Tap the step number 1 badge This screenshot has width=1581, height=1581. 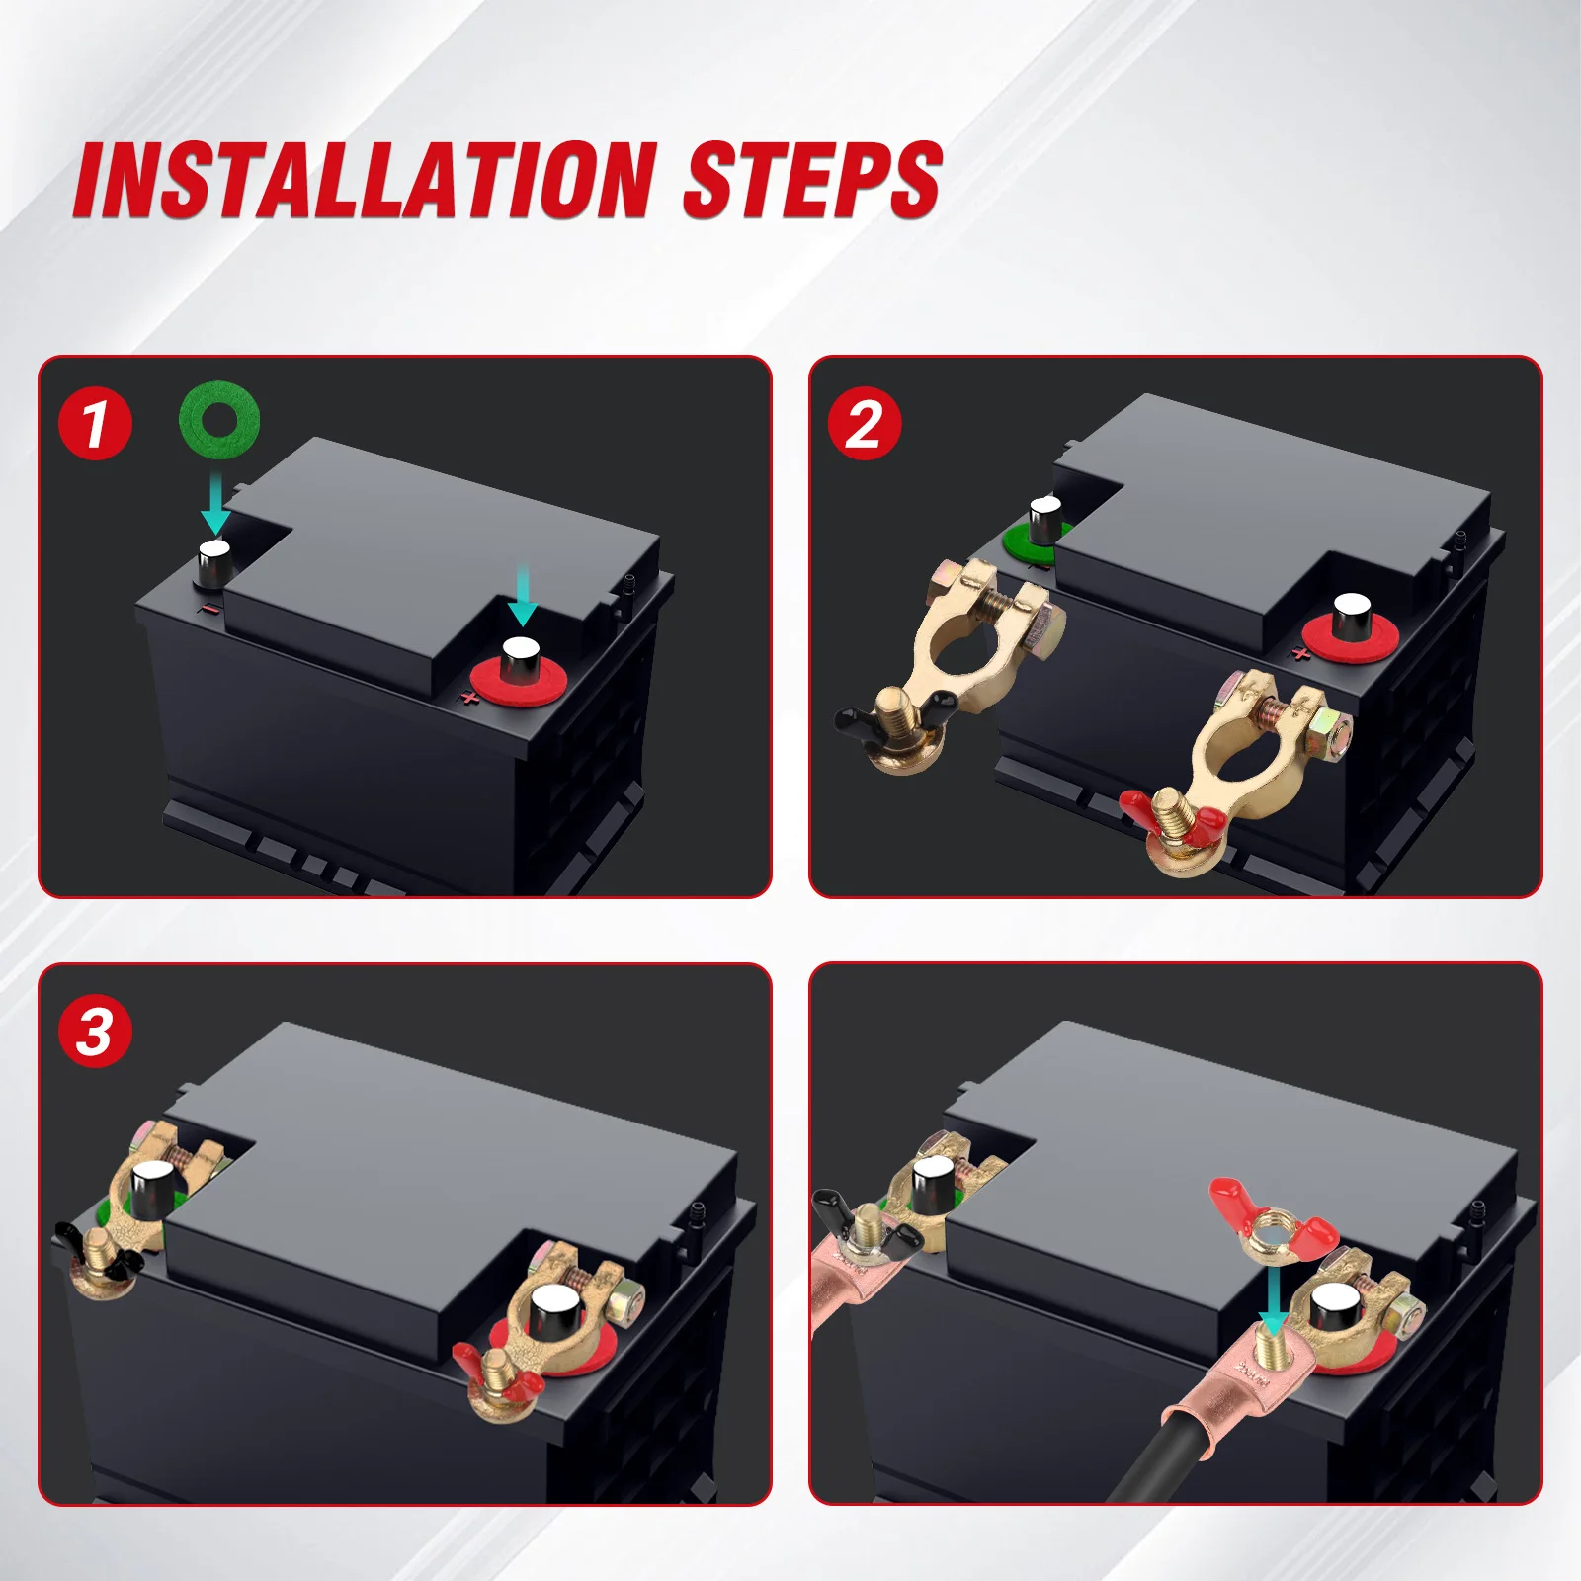[95, 423]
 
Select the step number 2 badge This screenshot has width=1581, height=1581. [865, 423]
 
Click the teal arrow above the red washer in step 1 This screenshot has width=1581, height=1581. [522, 595]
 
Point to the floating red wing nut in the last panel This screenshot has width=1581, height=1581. [1273, 1220]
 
